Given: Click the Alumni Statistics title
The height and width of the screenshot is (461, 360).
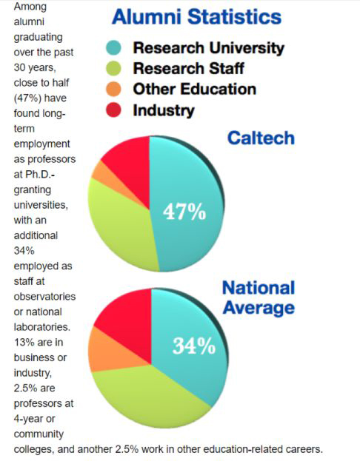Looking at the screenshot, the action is click(196, 16).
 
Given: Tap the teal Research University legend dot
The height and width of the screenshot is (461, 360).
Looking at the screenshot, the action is click(113, 48).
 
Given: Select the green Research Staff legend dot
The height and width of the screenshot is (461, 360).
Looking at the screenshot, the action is click(113, 69).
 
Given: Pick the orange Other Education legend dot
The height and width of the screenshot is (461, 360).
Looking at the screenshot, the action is click(113, 89).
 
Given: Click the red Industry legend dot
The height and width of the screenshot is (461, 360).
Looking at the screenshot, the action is click(113, 110).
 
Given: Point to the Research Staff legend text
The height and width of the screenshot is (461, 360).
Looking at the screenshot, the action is click(188, 69).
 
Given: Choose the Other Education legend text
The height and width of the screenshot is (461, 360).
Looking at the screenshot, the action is click(195, 89).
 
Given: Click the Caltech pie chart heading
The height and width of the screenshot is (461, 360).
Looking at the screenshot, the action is click(261, 138).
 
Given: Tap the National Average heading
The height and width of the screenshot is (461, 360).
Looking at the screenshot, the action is click(259, 297).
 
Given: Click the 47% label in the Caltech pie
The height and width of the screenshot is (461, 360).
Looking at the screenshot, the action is click(184, 212).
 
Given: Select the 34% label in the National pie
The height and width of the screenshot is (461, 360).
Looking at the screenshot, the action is click(194, 346).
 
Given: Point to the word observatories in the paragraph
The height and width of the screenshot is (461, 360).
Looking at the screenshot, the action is click(44, 296).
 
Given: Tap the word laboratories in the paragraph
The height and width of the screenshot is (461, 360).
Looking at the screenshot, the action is click(42, 327).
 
